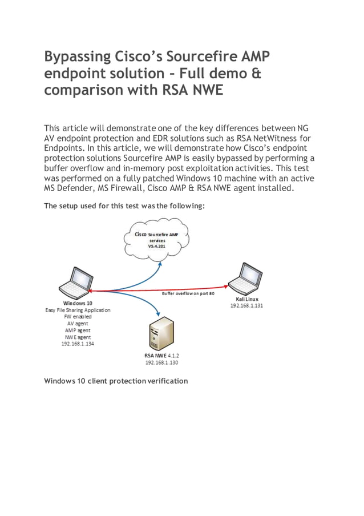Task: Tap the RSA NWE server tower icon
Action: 160,336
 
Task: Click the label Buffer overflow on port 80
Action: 188,293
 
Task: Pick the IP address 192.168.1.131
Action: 246,306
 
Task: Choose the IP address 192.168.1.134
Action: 78,344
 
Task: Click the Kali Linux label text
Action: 246,299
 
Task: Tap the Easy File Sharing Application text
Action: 78,310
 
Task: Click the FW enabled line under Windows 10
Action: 78,317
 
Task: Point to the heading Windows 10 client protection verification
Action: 116,381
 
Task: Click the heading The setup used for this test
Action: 124,206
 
